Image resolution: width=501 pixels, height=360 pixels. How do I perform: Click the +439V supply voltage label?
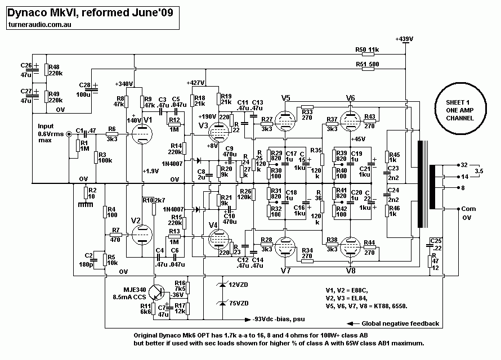point(405,39)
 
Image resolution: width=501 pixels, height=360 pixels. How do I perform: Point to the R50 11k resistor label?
point(368,50)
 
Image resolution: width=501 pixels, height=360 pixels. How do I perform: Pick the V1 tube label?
point(148,120)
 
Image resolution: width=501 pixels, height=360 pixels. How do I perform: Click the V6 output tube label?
point(351,98)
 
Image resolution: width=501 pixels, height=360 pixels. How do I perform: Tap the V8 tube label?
point(351,270)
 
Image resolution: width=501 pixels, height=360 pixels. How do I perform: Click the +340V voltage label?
point(124,84)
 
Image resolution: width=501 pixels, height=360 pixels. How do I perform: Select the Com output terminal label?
point(468,209)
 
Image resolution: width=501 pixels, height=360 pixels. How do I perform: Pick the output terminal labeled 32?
point(464,166)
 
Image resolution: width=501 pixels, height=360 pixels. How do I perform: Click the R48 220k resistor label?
point(55,69)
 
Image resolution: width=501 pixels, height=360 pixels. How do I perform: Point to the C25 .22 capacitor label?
point(435,244)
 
